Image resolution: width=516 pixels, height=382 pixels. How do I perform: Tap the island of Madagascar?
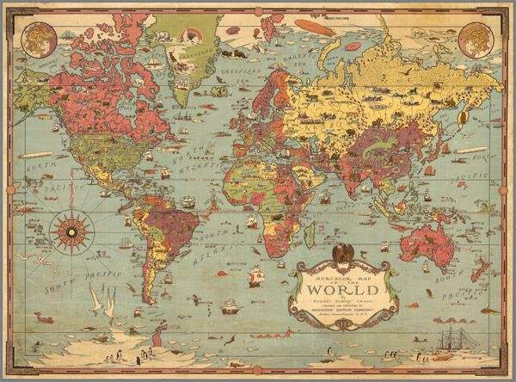tap(309, 231)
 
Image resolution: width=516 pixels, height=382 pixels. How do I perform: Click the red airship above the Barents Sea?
tap(310, 26)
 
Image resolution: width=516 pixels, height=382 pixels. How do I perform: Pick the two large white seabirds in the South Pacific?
tap(102, 301)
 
